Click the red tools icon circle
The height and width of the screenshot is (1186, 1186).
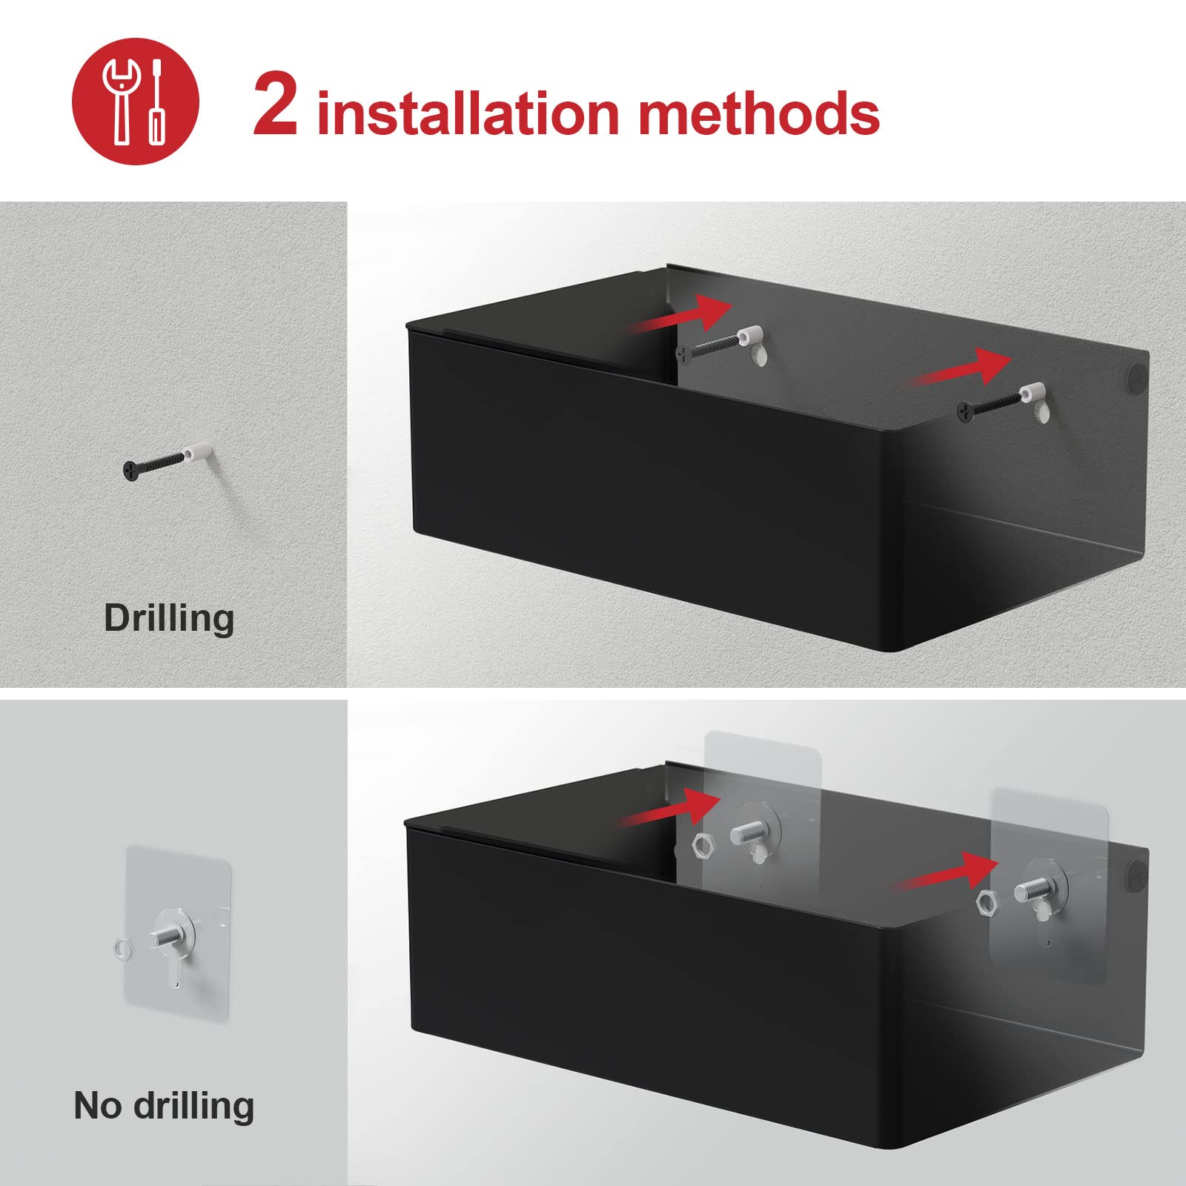click(x=136, y=102)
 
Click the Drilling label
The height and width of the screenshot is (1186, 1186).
click(x=169, y=617)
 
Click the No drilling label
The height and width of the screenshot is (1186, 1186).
click(x=164, y=1105)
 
